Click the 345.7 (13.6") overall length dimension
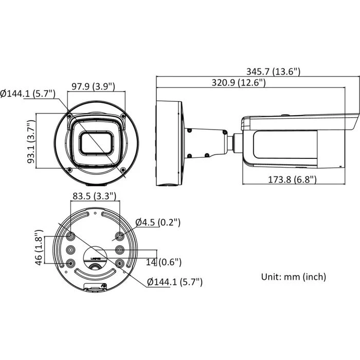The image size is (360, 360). click(273, 72)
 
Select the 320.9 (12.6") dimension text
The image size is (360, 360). click(238, 83)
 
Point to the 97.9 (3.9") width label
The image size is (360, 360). click(93, 86)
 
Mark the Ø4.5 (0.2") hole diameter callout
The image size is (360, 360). click(158, 223)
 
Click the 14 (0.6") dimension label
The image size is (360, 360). click(164, 262)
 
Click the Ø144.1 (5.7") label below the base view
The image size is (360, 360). click(175, 282)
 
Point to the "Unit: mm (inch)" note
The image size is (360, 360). click(294, 277)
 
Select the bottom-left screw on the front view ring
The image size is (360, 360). click(68, 170)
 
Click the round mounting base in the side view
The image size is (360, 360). click(169, 143)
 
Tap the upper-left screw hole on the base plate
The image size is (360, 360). click(70, 237)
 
